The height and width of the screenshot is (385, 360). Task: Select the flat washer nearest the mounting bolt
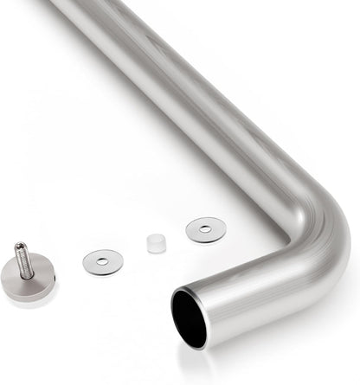point(93,262)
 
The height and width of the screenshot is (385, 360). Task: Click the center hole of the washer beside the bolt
point(103,261)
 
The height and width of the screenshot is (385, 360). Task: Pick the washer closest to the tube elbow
point(196,230)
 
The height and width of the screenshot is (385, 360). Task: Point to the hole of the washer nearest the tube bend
point(206,229)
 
